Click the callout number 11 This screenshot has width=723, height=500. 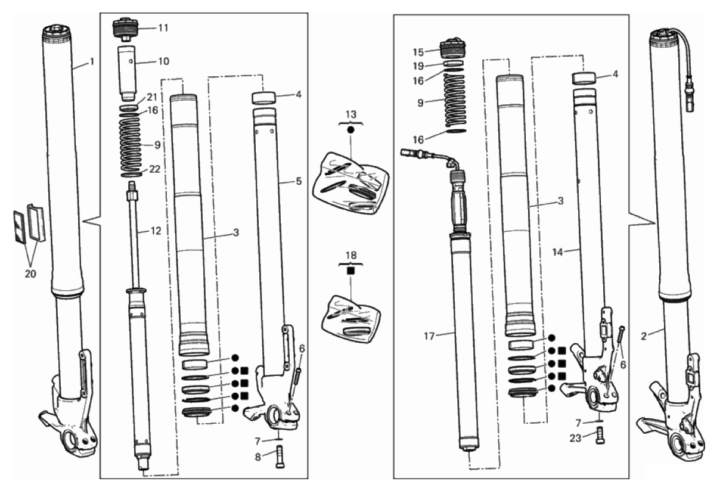(163, 28)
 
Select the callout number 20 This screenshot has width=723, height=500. (30, 274)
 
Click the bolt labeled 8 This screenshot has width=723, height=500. (279, 456)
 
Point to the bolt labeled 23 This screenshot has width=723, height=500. (600, 435)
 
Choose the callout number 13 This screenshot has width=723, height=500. (351, 114)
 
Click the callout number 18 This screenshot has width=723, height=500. (351, 256)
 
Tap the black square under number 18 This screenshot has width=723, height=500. (350, 271)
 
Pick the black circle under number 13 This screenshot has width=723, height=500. (351, 130)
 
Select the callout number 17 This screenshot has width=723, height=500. (429, 336)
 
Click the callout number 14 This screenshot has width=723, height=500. (557, 253)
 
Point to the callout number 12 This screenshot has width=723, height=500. (156, 231)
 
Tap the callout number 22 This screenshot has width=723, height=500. (154, 169)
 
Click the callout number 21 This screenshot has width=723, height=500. (152, 97)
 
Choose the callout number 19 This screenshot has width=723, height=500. (418, 66)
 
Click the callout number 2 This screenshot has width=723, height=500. (644, 336)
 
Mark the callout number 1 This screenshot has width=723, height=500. (92, 61)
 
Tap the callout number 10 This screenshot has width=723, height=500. (164, 61)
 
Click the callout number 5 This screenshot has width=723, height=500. (299, 181)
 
